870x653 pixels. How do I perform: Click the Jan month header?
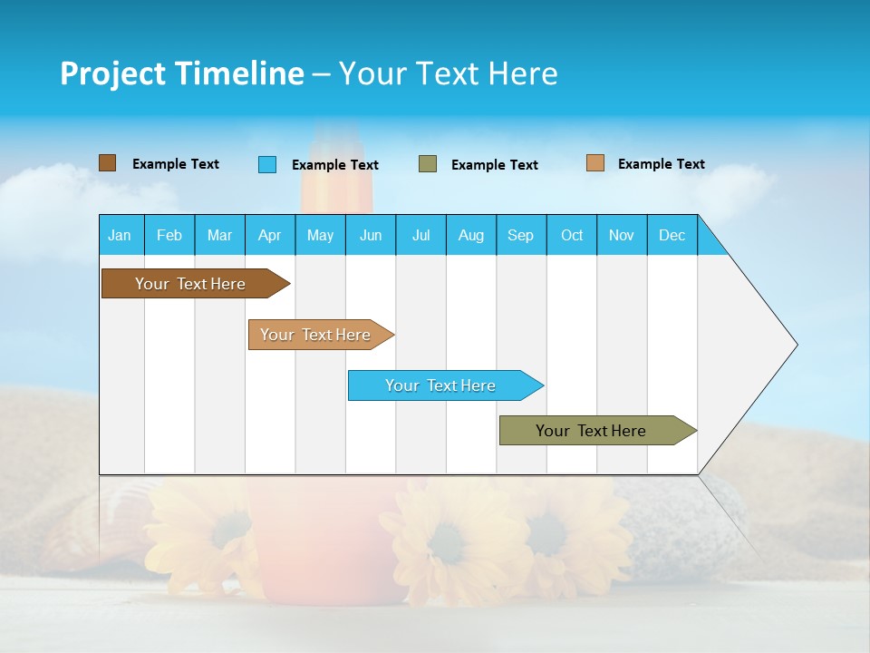click(121, 235)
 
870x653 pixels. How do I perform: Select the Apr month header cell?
click(270, 235)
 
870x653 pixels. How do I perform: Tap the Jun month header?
click(371, 235)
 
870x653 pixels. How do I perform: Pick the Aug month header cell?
click(471, 235)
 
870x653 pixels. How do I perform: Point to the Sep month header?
click(521, 235)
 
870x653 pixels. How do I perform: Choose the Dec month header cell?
click(672, 235)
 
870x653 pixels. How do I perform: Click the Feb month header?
click(169, 235)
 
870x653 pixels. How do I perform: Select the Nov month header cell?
click(622, 235)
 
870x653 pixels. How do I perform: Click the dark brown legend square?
click(108, 163)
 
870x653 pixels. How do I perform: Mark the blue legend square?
click(267, 164)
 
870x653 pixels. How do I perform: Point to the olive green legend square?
click(428, 164)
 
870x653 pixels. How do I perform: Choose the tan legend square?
click(595, 163)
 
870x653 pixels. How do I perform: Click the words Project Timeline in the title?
click(182, 73)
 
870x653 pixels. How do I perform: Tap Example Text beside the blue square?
click(335, 165)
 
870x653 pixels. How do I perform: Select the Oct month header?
click(572, 235)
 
